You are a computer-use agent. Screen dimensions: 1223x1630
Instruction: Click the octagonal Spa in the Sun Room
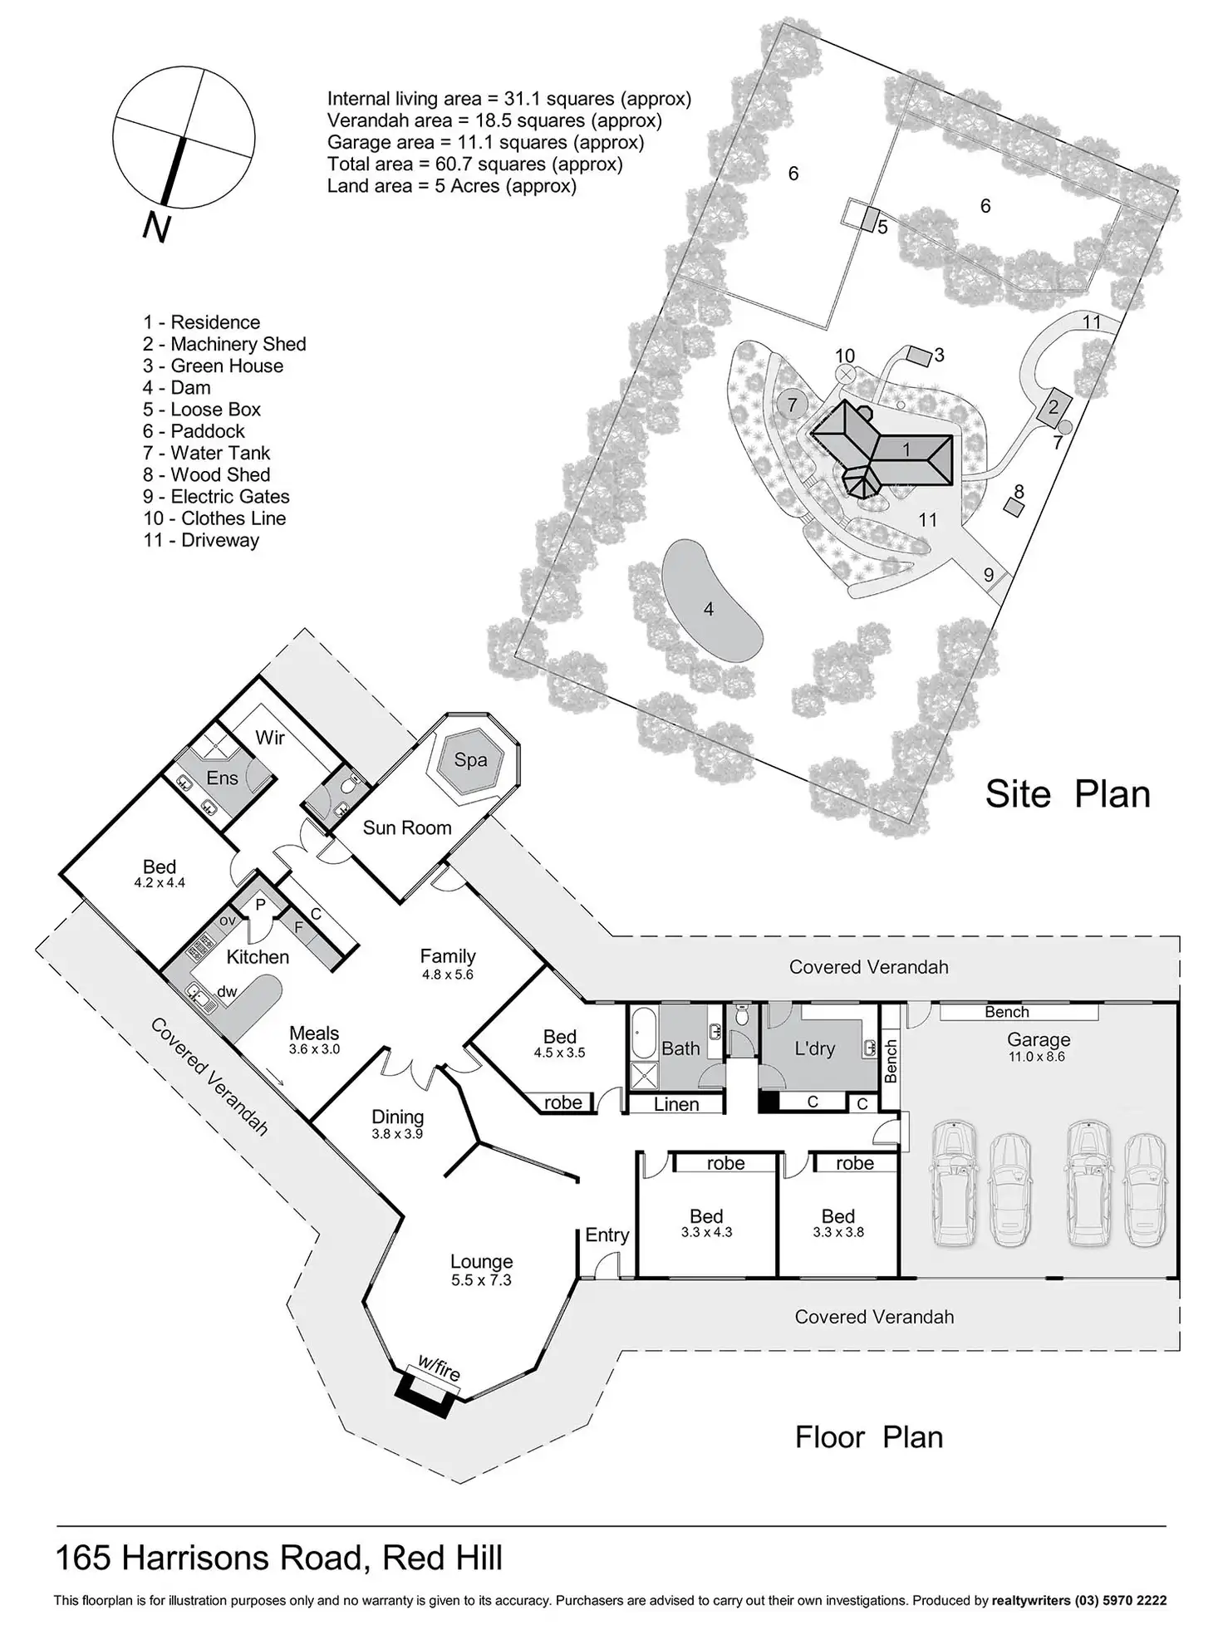470,760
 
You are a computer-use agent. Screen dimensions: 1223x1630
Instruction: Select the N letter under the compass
156,226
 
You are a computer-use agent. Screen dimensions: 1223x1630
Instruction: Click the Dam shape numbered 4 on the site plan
711,601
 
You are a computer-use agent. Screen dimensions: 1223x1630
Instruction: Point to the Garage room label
1039,1039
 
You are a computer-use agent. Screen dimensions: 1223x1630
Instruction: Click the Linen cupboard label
676,1104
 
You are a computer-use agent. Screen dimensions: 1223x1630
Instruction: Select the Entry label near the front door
607,1235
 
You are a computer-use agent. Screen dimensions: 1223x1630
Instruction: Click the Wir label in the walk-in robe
270,737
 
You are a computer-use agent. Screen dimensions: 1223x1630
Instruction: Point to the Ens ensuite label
222,778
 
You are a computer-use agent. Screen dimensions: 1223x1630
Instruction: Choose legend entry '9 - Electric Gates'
216,497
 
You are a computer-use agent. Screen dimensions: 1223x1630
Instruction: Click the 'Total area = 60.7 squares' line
474,164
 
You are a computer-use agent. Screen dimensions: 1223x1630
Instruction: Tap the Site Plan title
1068,794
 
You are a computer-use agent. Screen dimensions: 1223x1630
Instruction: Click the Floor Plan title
869,1437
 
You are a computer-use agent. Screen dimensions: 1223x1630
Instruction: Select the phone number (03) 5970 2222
1121,1600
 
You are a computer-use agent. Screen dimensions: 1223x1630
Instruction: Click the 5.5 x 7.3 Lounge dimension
481,1280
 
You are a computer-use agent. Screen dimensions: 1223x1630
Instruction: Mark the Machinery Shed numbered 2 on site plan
1053,407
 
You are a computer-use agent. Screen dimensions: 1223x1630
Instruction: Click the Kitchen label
258,957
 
